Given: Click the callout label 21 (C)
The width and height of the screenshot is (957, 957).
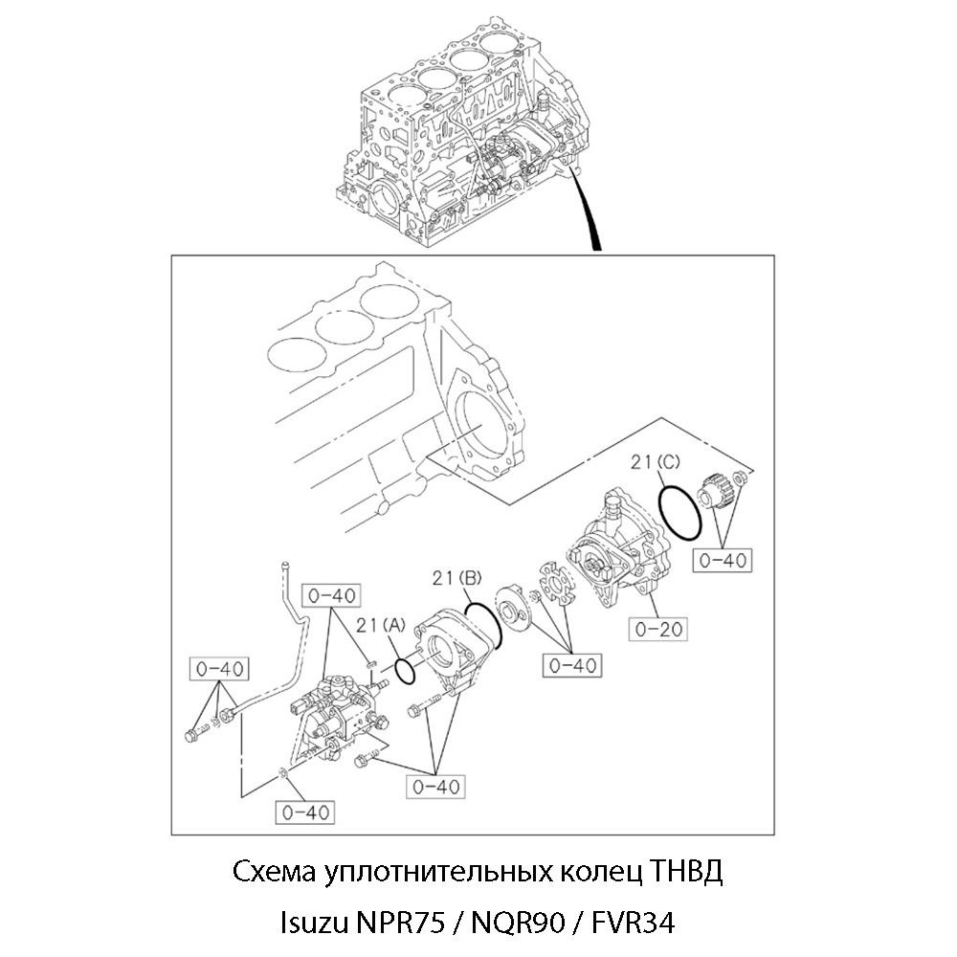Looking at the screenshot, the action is coord(655,462).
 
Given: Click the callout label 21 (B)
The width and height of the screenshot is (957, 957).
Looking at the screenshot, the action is coord(457,577).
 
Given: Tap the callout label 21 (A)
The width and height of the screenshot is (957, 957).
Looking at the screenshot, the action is coord(381,625).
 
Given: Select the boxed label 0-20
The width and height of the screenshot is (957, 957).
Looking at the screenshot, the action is coord(658,629).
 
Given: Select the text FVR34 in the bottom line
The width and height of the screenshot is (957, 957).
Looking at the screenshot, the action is coord(633,923).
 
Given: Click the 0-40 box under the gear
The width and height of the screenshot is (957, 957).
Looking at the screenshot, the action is coord(723,560).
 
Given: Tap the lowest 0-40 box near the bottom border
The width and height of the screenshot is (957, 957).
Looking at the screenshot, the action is coord(305,812).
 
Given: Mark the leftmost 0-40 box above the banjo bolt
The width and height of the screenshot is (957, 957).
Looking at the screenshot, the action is coord(219,669).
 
